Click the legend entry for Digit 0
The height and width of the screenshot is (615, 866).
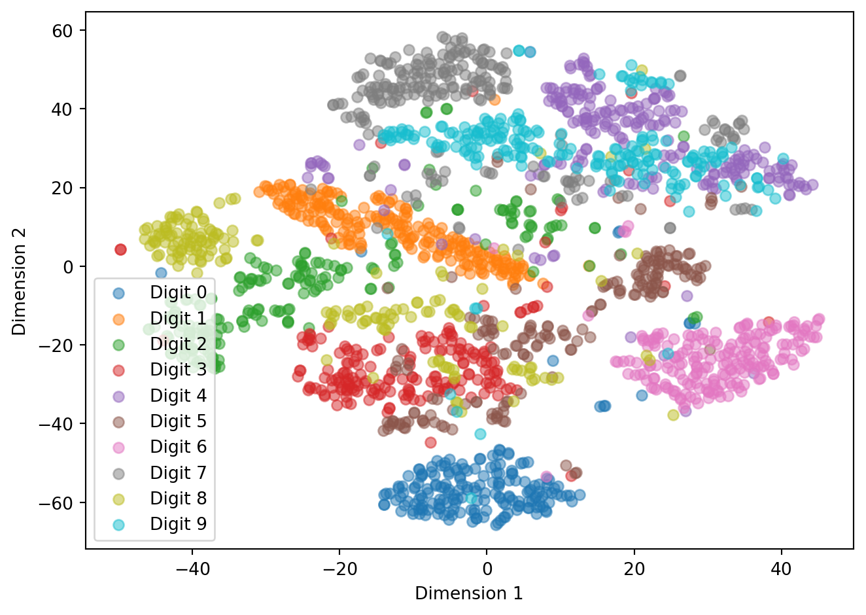[x=178, y=292]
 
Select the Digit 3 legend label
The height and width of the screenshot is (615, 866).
[x=178, y=370]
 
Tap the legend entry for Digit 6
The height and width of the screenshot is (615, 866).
[x=178, y=447]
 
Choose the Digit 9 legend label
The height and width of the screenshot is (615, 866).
[x=178, y=524]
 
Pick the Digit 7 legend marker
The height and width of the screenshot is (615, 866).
[x=118, y=472]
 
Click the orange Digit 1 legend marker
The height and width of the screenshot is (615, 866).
[x=118, y=319]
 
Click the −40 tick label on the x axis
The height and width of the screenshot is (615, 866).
[x=192, y=569]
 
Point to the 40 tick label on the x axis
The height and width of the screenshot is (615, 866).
[x=781, y=569]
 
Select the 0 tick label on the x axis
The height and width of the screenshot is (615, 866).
[x=487, y=569]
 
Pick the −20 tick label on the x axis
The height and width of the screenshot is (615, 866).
[x=339, y=569]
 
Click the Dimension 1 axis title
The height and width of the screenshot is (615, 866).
[x=469, y=593]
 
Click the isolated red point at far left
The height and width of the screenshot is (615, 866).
[x=120, y=249]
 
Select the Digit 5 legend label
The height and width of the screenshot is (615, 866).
[x=178, y=421]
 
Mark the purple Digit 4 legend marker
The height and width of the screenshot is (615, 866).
[x=118, y=395]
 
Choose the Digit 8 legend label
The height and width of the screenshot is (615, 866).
[x=178, y=499]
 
